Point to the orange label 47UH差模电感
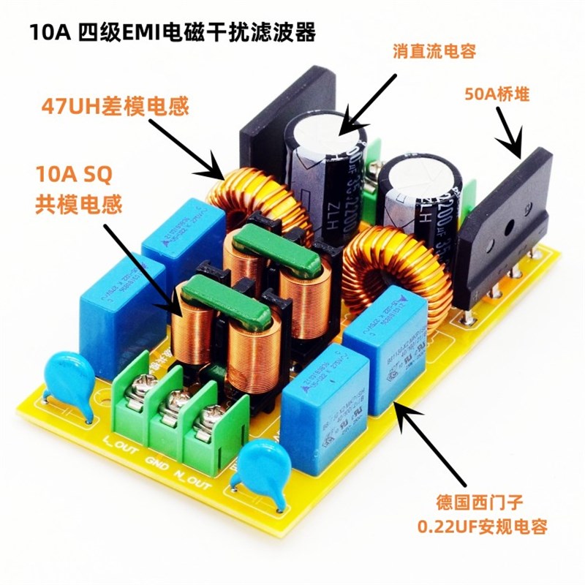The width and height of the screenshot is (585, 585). [x=110, y=107]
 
